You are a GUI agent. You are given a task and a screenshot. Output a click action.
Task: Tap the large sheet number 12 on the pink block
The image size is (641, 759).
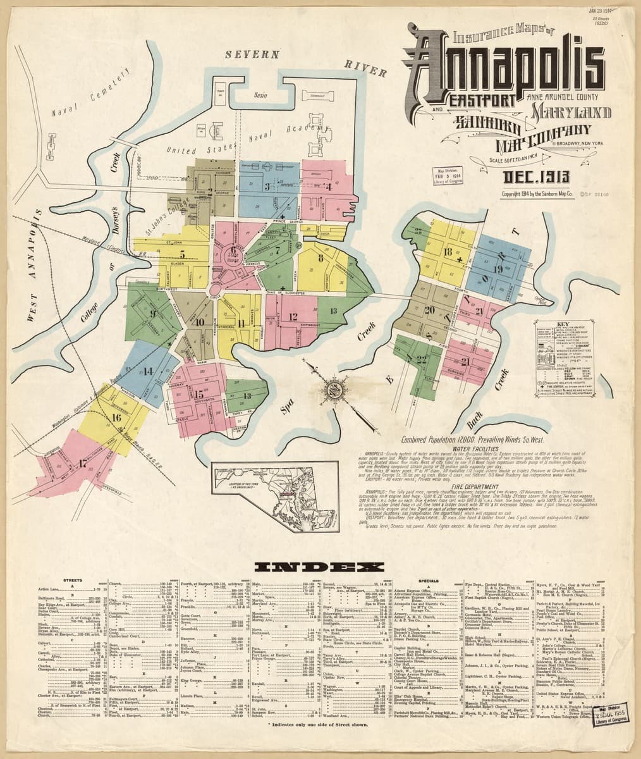click(x=293, y=317)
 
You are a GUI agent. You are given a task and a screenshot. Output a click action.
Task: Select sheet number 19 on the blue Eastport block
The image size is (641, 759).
click(x=498, y=269)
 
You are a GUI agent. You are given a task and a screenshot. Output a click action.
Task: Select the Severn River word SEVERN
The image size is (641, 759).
click(x=252, y=55)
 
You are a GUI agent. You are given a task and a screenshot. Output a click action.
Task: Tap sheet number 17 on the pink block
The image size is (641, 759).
click(x=83, y=463)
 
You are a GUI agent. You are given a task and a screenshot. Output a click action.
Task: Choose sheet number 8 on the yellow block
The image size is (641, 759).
click(x=320, y=258)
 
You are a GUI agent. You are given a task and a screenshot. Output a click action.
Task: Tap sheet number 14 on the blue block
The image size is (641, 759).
click(x=149, y=371)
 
